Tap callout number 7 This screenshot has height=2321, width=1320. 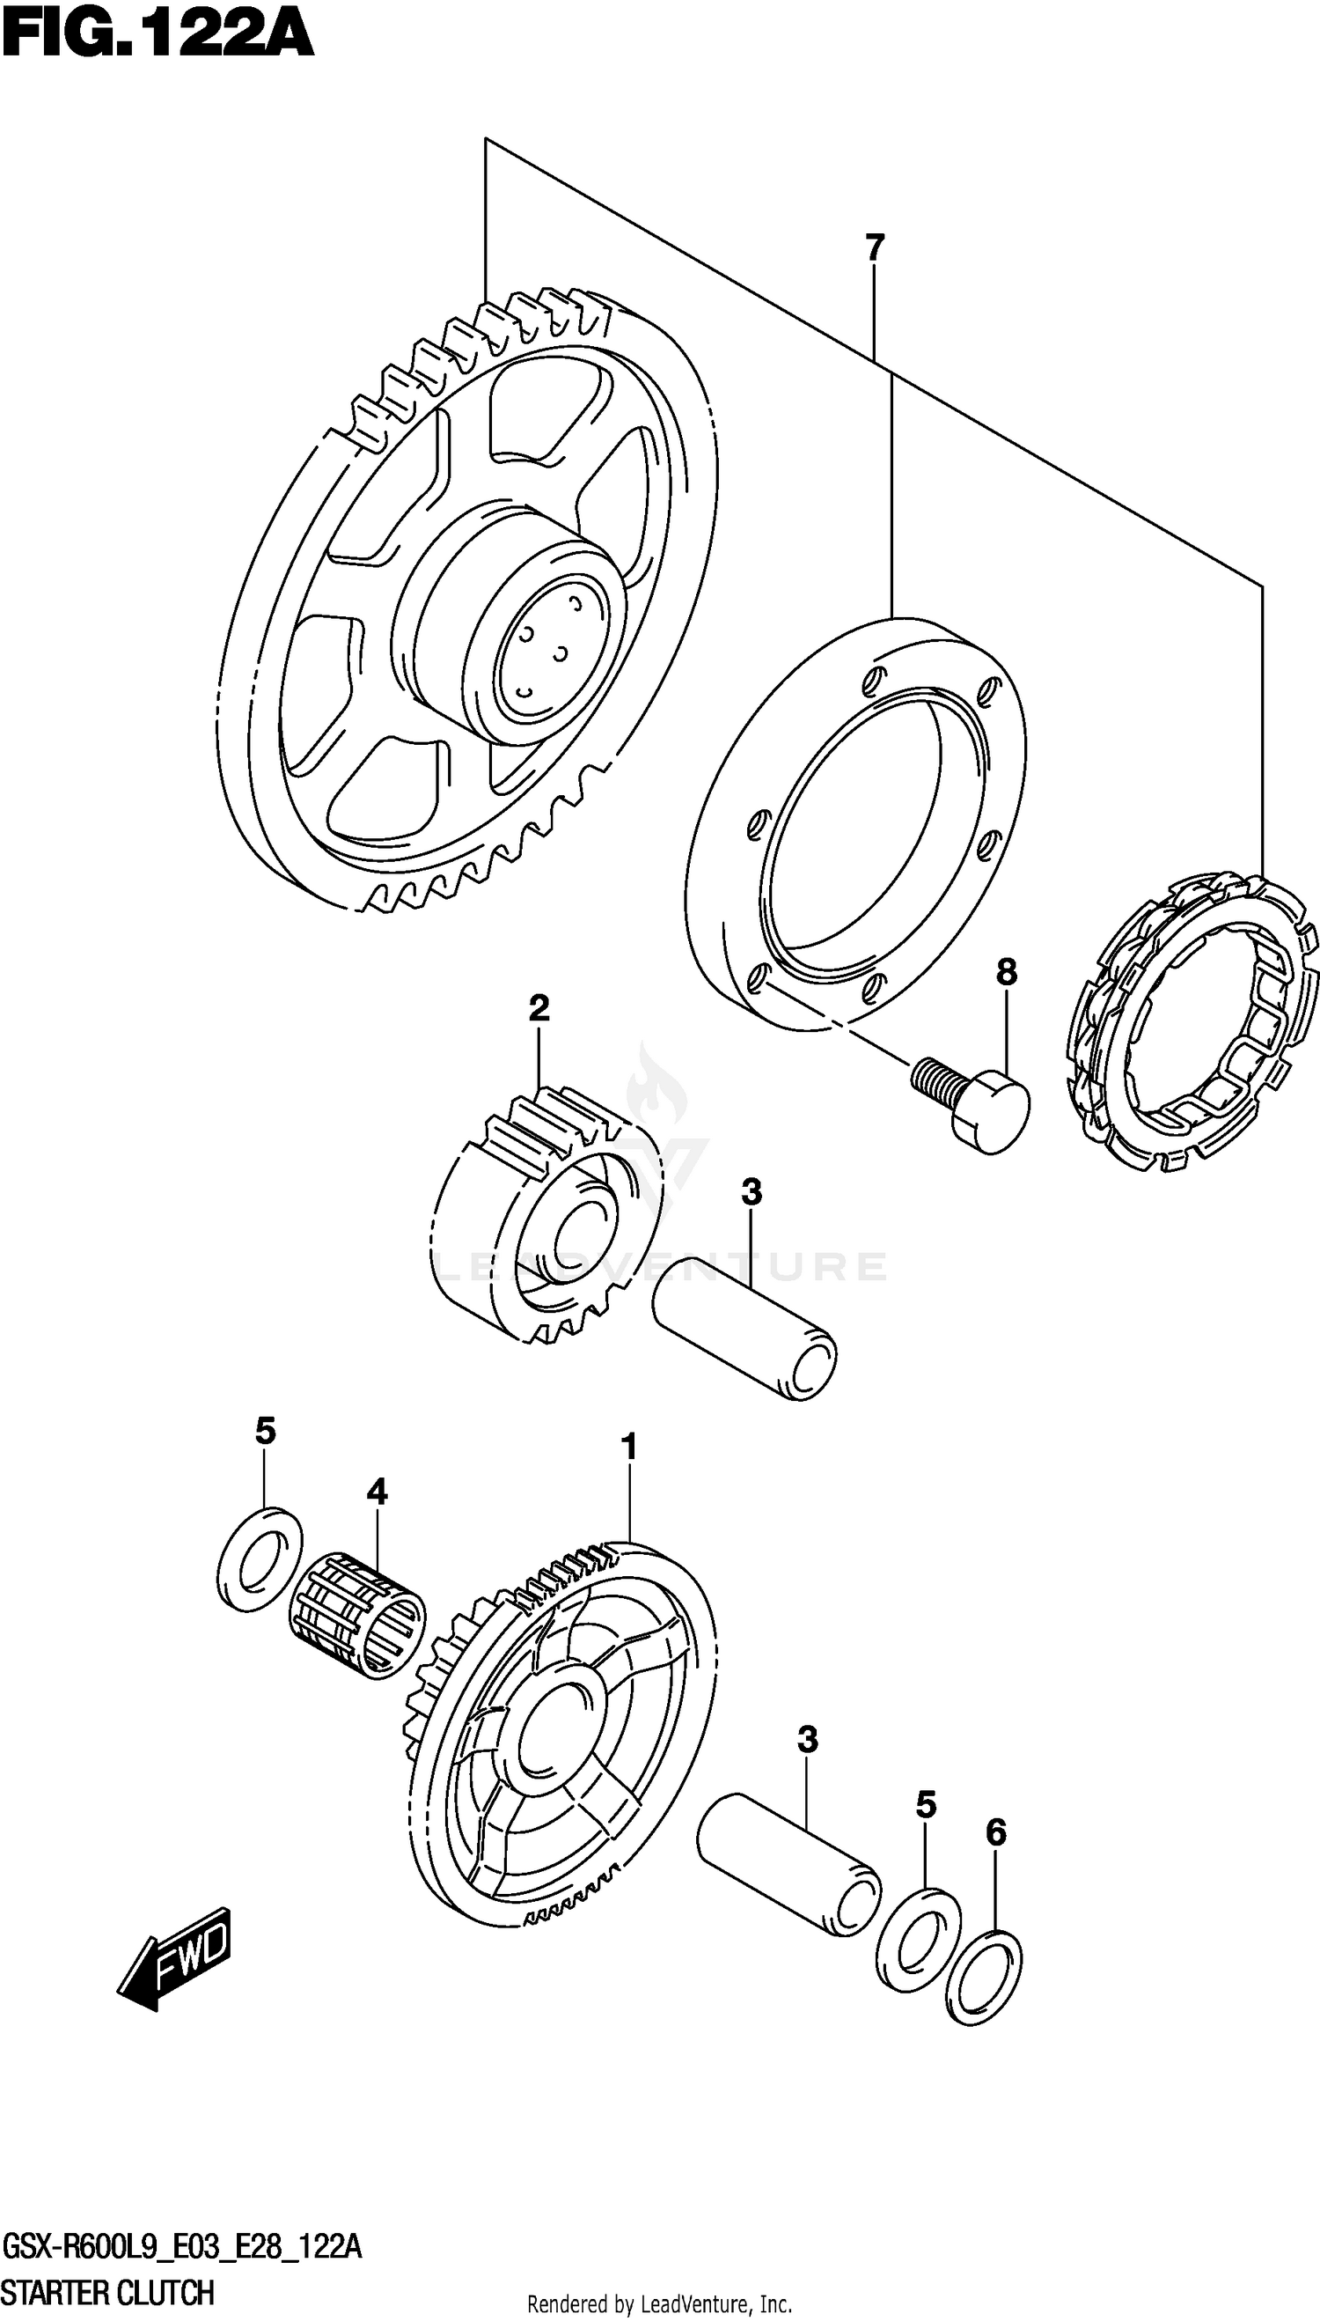tap(874, 247)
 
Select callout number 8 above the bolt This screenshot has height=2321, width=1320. tap(1007, 973)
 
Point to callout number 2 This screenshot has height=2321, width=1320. tap(539, 1007)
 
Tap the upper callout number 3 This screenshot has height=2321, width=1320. tap(751, 1191)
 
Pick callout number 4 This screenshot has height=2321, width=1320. tap(377, 1491)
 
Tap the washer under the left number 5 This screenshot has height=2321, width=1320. tap(260, 1561)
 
